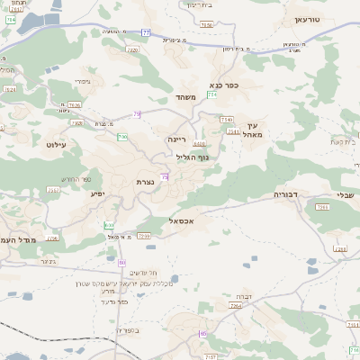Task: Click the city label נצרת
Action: point(145,182)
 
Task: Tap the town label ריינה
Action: point(176,139)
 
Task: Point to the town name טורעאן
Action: point(313,19)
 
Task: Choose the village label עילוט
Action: point(56,143)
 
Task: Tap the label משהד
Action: point(186,97)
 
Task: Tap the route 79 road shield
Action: point(137,114)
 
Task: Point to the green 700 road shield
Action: point(121,137)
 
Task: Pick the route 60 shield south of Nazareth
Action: point(122,262)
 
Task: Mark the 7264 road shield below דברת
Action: point(236,307)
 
